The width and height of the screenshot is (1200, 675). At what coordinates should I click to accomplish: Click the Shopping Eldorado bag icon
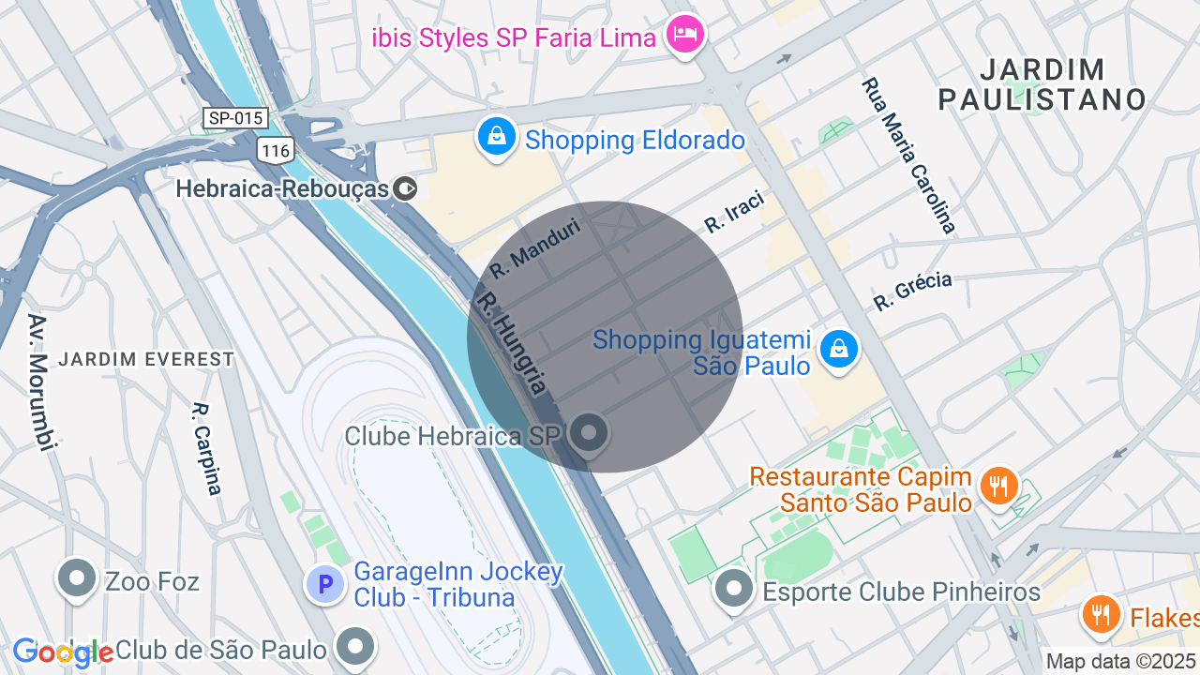coord(497,137)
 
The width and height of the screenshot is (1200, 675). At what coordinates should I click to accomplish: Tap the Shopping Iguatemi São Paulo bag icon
coord(838,350)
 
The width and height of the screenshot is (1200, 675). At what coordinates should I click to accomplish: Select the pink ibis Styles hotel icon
coord(685,36)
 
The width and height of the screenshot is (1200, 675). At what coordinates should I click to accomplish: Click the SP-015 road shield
coord(236,118)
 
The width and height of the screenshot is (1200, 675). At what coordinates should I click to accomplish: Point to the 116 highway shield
coord(277,150)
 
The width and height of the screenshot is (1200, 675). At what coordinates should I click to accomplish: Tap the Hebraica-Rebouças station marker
coord(405,188)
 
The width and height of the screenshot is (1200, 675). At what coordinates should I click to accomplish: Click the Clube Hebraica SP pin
coord(590,434)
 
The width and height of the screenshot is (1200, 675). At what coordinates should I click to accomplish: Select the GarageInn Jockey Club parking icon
coord(325,585)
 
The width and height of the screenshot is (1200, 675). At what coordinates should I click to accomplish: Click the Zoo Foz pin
coord(77,579)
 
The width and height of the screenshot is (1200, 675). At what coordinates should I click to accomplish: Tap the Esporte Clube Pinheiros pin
coord(734,590)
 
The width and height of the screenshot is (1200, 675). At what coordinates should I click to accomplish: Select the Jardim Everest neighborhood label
coord(145,359)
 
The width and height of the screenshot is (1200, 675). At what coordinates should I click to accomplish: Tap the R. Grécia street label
coord(912,291)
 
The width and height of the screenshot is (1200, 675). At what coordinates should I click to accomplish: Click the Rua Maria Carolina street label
coord(908,156)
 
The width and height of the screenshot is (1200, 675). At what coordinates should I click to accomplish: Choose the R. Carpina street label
coord(207,448)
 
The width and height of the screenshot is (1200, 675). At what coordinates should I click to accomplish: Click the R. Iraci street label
coord(735,211)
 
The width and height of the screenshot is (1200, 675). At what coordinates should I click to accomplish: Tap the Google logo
coord(63,652)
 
